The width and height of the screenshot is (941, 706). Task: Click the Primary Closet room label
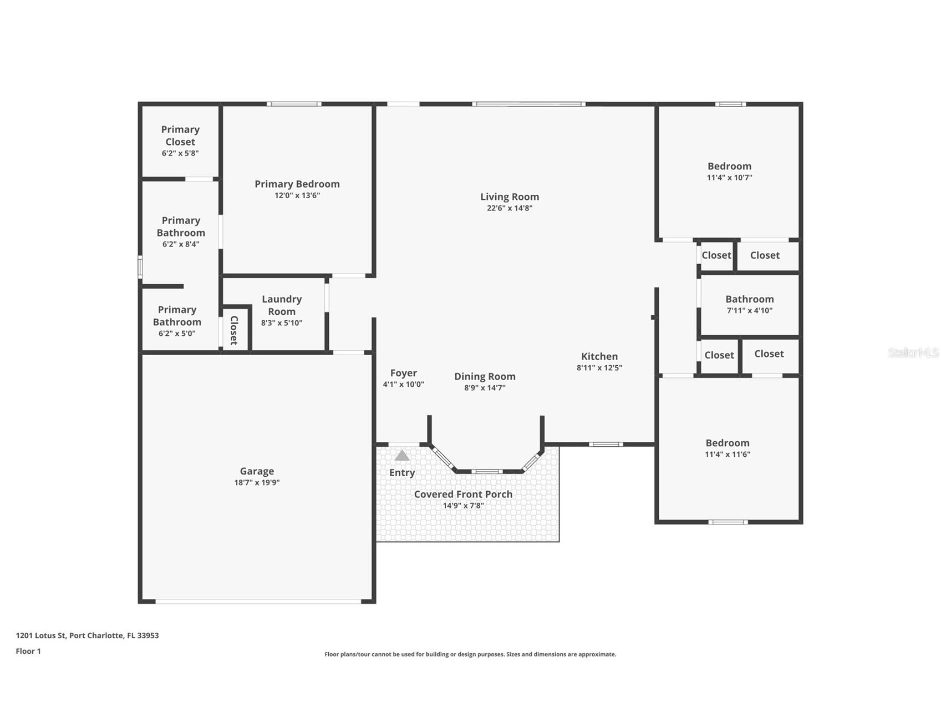(x=180, y=135)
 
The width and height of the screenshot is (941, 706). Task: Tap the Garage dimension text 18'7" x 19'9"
(x=257, y=483)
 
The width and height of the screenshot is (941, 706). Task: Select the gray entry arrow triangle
(x=402, y=456)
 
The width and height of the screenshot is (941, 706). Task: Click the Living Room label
(x=509, y=196)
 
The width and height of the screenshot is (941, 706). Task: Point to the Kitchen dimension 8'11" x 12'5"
(x=599, y=368)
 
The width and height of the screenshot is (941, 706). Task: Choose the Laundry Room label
(x=282, y=305)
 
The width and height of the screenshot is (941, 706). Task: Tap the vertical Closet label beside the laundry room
(x=234, y=330)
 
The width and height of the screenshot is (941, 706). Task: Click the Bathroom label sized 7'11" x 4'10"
(x=749, y=299)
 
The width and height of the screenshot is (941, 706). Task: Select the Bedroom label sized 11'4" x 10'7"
(x=729, y=166)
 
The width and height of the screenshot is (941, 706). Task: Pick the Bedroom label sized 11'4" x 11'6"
(x=727, y=443)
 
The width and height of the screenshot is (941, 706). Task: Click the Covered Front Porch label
(x=463, y=494)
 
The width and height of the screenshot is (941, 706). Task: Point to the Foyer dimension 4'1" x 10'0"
(x=403, y=385)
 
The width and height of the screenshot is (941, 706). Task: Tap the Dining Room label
(x=485, y=376)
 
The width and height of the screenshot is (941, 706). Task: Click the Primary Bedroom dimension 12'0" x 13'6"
(x=297, y=195)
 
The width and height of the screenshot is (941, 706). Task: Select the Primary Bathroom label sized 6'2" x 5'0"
(x=177, y=316)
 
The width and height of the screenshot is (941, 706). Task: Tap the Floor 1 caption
(x=28, y=651)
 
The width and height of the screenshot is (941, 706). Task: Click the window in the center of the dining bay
(x=487, y=472)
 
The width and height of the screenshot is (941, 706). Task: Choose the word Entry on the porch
(x=402, y=472)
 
